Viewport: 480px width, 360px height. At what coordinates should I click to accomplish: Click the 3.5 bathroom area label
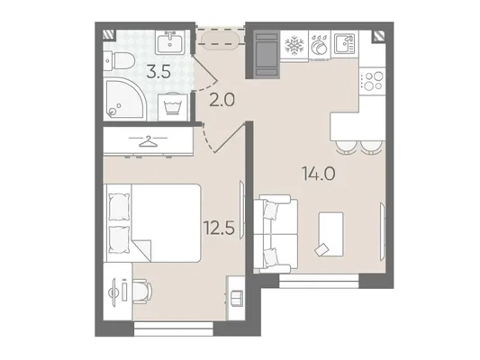pyautogui.click(x=158, y=72)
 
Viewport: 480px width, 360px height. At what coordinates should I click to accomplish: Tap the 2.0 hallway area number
pyautogui.click(x=222, y=100)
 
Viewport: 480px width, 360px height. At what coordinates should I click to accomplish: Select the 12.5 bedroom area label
pyautogui.click(x=220, y=229)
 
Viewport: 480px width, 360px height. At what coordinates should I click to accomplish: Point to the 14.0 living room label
pyautogui.click(x=319, y=174)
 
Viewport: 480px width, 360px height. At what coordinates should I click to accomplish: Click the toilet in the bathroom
pyautogui.click(x=119, y=60)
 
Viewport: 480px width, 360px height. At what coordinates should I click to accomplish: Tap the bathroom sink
pyautogui.click(x=170, y=42)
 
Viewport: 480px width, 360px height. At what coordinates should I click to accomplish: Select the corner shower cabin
pyautogui.click(x=124, y=98)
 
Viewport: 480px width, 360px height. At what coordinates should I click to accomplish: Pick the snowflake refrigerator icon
pyautogui.click(x=294, y=46)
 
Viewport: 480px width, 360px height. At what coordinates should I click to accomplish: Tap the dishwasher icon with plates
pyautogui.click(x=320, y=46)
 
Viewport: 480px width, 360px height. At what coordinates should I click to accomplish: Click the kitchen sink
pyautogui.click(x=344, y=43)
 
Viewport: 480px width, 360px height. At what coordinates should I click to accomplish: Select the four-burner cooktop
pyautogui.click(x=372, y=81)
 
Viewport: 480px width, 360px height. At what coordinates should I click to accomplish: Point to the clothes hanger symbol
pyautogui.click(x=148, y=141)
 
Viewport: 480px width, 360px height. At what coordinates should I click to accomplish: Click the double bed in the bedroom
pyautogui.click(x=152, y=223)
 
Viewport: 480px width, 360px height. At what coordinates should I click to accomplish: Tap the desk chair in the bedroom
pyautogui.click(x=142, y=292)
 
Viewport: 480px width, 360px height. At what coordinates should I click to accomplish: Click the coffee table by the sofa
pyautogui.click(x=331, y=234)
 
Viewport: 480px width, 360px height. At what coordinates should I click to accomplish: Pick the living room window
pyautogui.click(x=319, y=281)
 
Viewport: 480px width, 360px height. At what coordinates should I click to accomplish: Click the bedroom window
pyautogui.click(x=174, y=329)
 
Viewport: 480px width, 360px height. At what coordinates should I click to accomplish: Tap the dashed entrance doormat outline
pyautogui.click(x=221, y=37)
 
